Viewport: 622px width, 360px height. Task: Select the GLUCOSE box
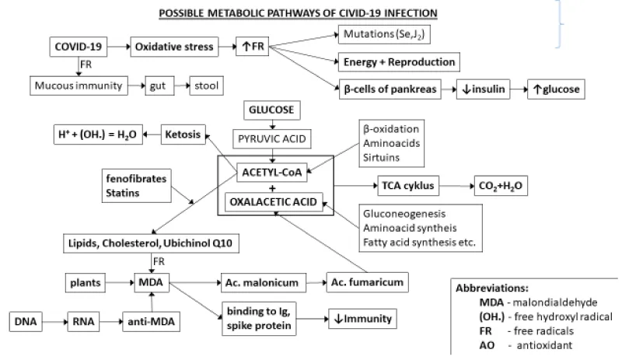pos(272,110)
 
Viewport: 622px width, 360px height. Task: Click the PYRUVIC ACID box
pos(272,139)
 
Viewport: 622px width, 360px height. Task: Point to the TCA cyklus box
pos(405,186)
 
